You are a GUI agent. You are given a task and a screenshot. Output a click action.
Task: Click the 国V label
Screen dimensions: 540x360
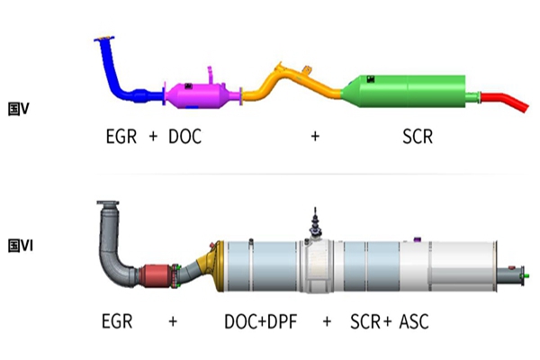[19, 109]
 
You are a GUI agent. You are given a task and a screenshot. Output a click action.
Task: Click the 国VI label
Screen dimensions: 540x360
[21, 247]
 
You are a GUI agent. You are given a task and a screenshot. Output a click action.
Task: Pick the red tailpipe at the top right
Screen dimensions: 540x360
[505, 102]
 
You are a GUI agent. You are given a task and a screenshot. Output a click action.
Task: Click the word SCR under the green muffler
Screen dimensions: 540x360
[418, 137]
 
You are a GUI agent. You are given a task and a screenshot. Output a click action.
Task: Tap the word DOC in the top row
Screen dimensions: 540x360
[184, 137]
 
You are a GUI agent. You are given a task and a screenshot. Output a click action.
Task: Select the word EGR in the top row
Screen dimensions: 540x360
[121, 137]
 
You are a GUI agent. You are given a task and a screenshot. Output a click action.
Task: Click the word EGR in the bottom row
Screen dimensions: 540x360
[117, 321]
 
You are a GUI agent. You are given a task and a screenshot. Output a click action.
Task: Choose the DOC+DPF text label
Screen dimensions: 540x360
[261, 322]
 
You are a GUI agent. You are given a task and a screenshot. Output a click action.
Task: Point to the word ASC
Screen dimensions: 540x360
[414, 322]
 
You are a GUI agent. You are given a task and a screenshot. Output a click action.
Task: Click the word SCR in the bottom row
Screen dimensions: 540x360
[365, 322]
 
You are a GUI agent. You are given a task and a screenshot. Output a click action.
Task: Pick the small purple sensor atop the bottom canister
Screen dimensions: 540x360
[417, 239]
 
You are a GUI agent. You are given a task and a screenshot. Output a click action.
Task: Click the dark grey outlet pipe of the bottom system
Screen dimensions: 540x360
[510, 275]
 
